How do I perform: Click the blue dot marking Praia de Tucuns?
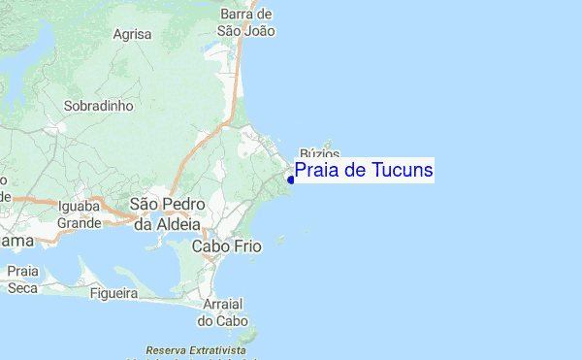click(291, 180)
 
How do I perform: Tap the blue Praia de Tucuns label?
click(364, 171)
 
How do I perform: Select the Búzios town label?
click(319, 153)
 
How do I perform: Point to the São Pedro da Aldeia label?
click(165, 214)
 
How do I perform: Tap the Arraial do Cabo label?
click(223, 311)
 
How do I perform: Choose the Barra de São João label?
click(246, 22)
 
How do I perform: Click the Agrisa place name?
click(133, 34)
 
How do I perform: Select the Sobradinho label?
click(97, 105)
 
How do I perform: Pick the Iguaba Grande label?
click(80, 214)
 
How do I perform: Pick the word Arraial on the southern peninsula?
click(223, 304)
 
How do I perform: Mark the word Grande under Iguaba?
click(80, 223)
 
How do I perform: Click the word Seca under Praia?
click(22, 287)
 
